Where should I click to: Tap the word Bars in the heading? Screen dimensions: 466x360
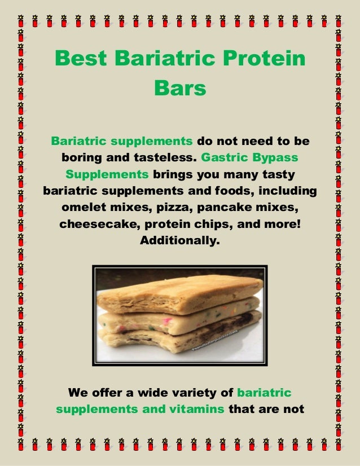point(180,89)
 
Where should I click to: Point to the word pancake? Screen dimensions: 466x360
point(223,207)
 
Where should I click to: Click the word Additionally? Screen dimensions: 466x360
point(180,241)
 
